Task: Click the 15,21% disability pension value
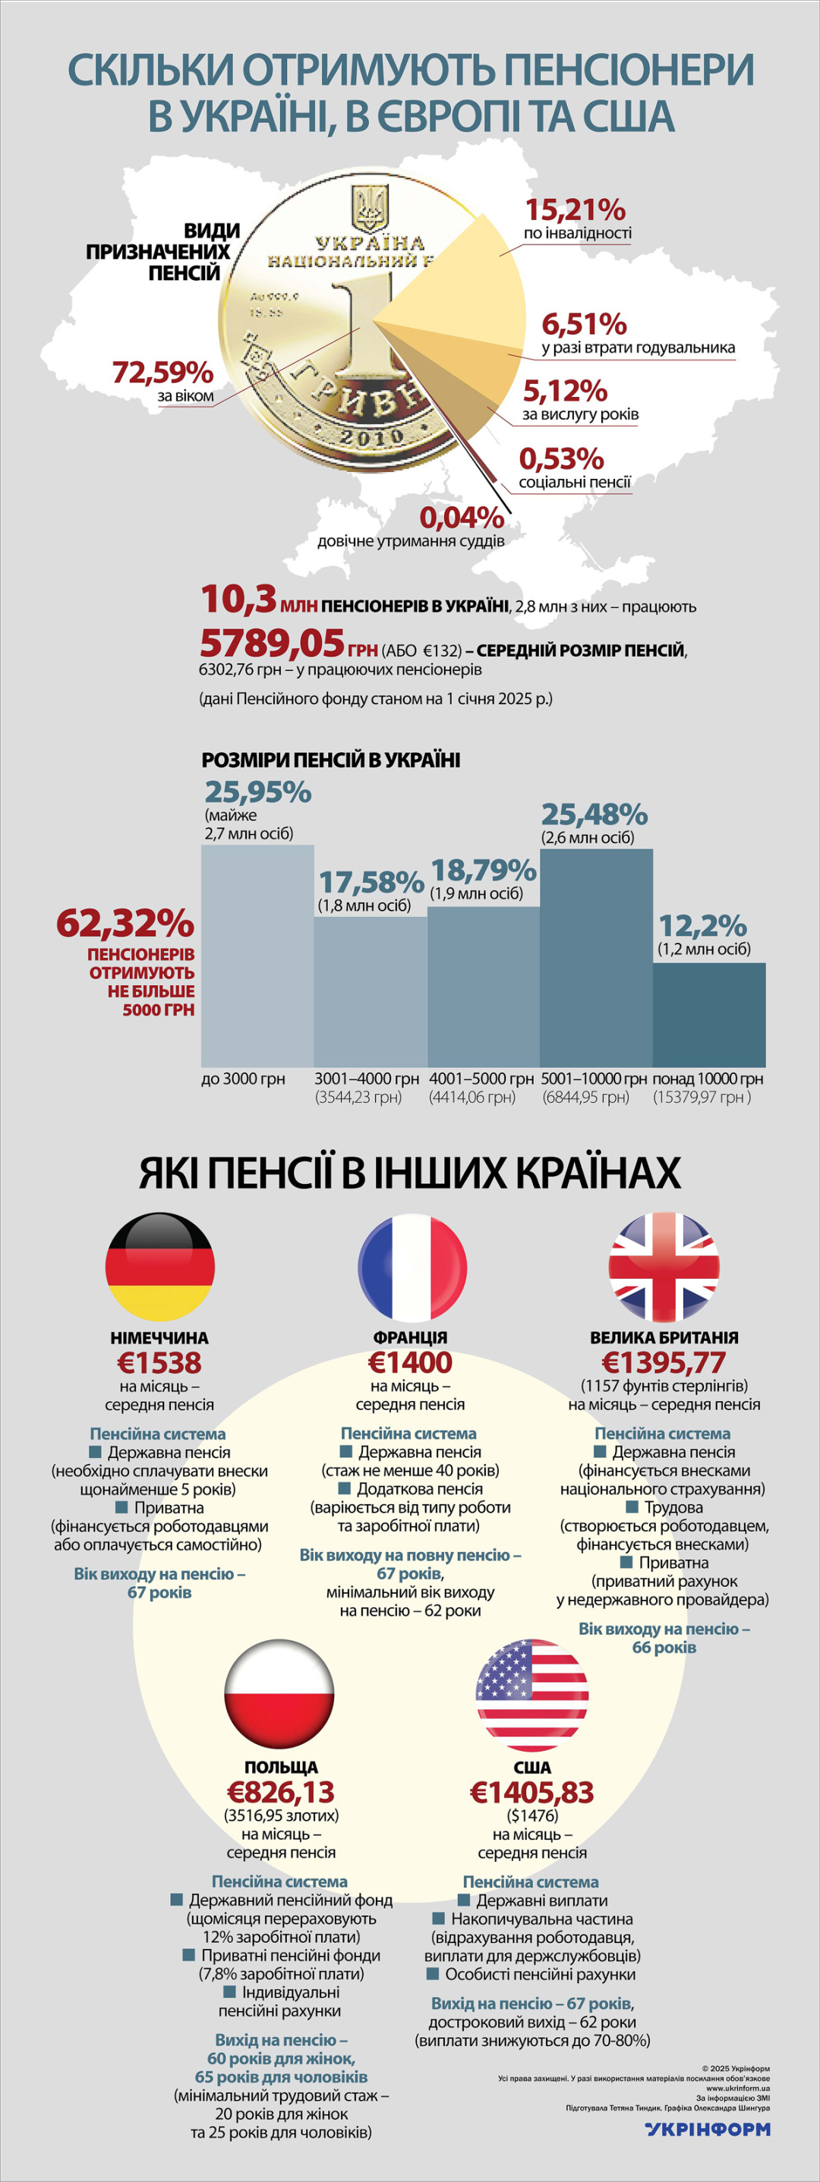pos(576,209)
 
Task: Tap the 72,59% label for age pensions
pos(162,372)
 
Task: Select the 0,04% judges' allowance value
pos(462,517)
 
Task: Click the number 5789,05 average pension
pos(272,644)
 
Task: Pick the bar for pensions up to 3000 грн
pos(257,956)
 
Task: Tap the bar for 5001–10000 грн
pos(596,957)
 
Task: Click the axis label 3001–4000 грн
pos(367,1079)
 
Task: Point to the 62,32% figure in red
pos(125,924)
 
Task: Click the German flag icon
pos(160,1267)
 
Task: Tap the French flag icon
pos(412,1267)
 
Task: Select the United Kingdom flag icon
pos(664,1267)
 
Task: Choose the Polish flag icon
pos(280,1695)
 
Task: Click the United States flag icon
pos(532,1695)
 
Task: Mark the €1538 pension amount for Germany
pos(159,1363)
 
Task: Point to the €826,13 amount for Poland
pos(280,1793)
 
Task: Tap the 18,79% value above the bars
pos(484,871)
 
